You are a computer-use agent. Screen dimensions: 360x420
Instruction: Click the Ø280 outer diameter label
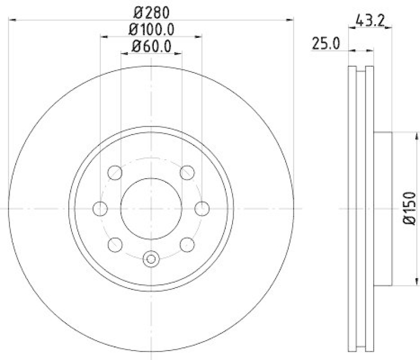point(151,12)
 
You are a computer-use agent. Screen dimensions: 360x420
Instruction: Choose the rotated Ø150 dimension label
point(410,209)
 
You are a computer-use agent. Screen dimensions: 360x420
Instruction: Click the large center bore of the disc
point(151,209)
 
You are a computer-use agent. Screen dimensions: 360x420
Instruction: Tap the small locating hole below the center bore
point(151,259)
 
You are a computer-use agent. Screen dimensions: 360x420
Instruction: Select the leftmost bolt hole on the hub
point(100,209)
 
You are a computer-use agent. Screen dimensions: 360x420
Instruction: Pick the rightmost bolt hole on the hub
point(202,209)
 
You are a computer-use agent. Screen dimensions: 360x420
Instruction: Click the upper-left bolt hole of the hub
point(115,173)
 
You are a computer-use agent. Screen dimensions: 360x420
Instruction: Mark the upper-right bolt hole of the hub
point(187,173)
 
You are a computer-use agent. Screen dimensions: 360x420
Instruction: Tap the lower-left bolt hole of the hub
point(115,244)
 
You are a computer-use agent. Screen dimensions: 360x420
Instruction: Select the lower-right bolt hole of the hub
point(187,244)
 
